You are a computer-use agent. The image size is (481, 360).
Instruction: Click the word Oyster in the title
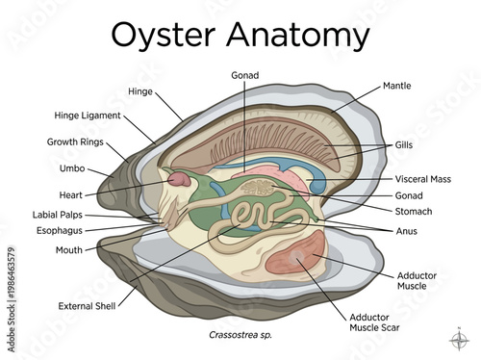[168, 35]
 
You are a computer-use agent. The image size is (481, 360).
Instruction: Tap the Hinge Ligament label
[88, 116]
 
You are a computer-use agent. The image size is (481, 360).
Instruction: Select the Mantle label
[396, 86]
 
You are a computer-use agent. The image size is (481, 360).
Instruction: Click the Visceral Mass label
[422, 179]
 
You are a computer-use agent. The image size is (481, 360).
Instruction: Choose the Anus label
[406, 231]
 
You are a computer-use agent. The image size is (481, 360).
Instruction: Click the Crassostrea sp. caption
[240, 335]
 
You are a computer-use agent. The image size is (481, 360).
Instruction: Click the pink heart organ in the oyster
[179, 180]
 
